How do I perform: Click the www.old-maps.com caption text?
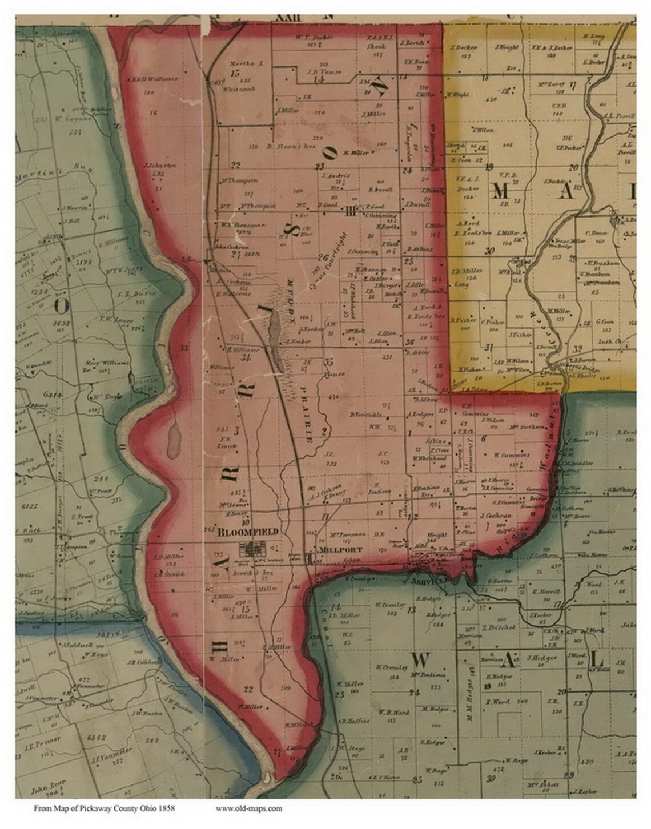249,808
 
